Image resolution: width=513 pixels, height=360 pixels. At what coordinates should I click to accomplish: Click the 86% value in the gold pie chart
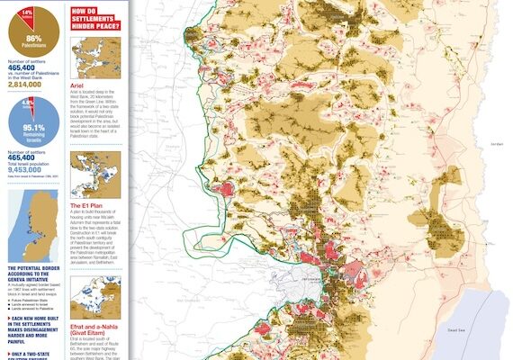pyautogui.click(x=33, y=39)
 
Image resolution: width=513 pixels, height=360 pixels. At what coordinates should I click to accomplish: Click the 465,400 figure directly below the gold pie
pyautogui.click(x=24, y=67)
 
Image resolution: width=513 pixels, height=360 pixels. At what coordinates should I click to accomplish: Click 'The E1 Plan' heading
pyautogui.click(x=89, y=206)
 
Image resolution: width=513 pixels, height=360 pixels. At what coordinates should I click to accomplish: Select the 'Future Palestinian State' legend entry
pyautogui.click(x=35, y=298)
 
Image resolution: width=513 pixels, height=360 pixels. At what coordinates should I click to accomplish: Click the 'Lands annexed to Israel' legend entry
pyautogui.click(x=34, y=303)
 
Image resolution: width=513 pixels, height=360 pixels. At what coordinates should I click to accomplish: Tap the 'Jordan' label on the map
pyautogui.click(x=498, y=143)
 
